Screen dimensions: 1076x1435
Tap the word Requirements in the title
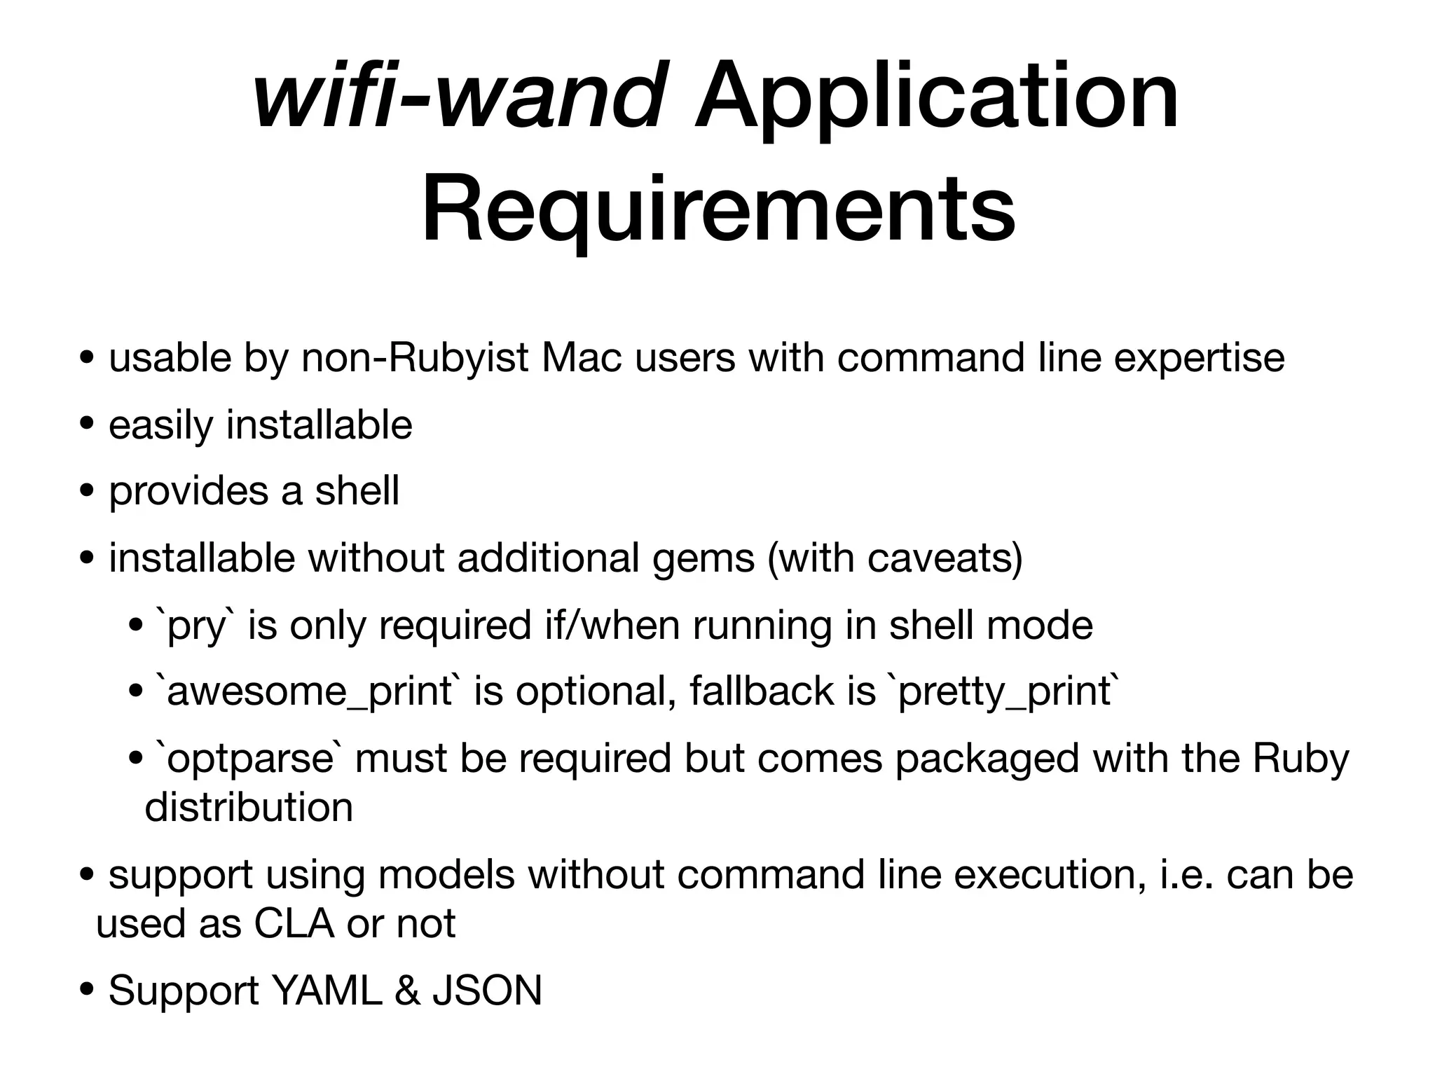pyautogui.click(x=718, y=208)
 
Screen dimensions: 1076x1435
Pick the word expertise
pyautogui.click(x=1199, y=358)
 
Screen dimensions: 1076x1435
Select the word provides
pyautogui.click(x=188, y=491)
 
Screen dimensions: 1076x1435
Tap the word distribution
pyautogui.click(x=249, y=808)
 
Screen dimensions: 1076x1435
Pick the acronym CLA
pyautogui.click(x=294, y=924)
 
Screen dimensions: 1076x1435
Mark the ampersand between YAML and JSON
pyautogui.click(x=407, y=991)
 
